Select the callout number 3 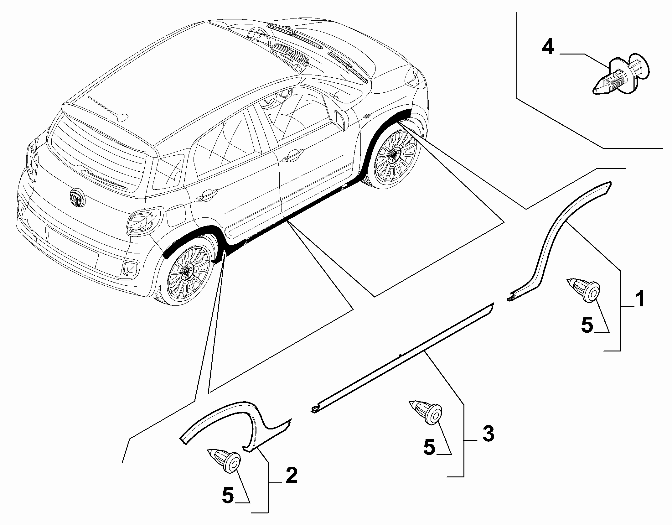[x=488, y=433]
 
